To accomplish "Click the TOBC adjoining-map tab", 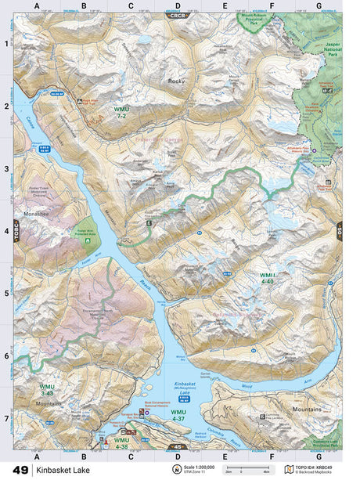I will tap(15, 233).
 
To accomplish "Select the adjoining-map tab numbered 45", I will tap(178, 448).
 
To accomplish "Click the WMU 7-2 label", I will tap(121, 112).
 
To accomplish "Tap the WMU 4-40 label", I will tap(268, 278).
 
